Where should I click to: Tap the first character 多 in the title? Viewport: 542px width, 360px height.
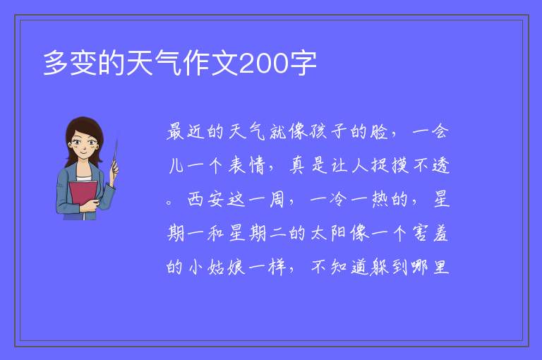[56, 63]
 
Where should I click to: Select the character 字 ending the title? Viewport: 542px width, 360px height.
[303, 63]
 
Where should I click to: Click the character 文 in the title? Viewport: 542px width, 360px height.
[224, 63]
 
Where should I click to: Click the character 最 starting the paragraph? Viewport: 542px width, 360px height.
[175, 131]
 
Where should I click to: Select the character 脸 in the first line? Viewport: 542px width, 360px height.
[379, 131]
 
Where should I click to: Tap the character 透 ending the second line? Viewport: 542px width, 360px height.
[440, 165]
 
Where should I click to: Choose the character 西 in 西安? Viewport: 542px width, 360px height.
[195, 199]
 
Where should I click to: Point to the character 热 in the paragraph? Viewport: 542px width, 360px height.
[380, 199]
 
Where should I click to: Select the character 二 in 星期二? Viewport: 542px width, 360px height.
[277, 233]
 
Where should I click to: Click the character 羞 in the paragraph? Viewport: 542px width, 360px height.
[440, 233]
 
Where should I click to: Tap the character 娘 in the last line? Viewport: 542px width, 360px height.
[236, 267]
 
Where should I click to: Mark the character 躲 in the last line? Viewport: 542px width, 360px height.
[379, 267]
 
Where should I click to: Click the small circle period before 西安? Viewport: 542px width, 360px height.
[169, 202]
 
